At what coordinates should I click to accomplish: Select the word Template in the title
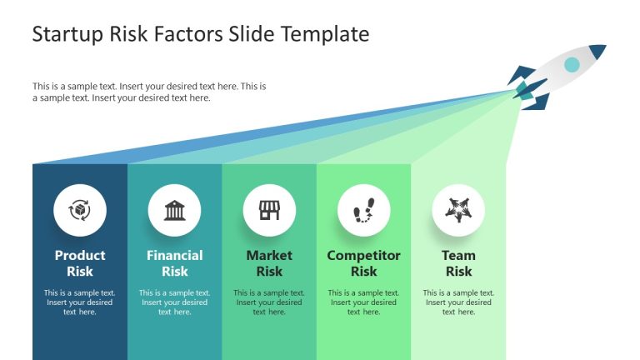pyautogui.click(x=327, y=34)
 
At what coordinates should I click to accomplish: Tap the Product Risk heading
pyautogui.click(x=80, y=263)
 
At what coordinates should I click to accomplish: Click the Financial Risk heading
pyautogui.click(x=175, y=263)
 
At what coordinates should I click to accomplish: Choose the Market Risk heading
pyautogui.click(x=269, y=263)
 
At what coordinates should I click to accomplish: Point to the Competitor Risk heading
pyautogui.click(x=363, y=263)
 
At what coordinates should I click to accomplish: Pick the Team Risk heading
pyautogui.click(x=458, y=263)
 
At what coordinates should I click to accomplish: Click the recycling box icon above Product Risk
pyautogui.click(x=80, y=210)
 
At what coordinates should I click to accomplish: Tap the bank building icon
pyautogui.click(x=175, y=210)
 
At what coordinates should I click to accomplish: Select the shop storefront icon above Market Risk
pyautogui.click(x=269, y=210)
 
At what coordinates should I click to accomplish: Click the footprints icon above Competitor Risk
pyautogui.click(x=363, y=210)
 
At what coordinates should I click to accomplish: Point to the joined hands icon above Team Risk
pyautogui.click(x=458, y=210)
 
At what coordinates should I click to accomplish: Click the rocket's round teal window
pyautogui.click(x=572, y=64)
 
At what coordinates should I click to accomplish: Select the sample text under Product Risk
pyautogui.click(x=80, y=302)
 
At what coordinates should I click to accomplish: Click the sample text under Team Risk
pyautogui.click(x=458, y=302)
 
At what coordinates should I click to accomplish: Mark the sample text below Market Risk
pyautogui.click(x=269, y=302)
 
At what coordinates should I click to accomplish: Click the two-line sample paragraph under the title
pyautogui.click(x=150, y=92)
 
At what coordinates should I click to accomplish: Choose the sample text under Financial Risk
pyautogui.click(x=175, y=302)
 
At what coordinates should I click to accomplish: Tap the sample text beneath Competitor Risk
pyautogui.click(x=363, y=302)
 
